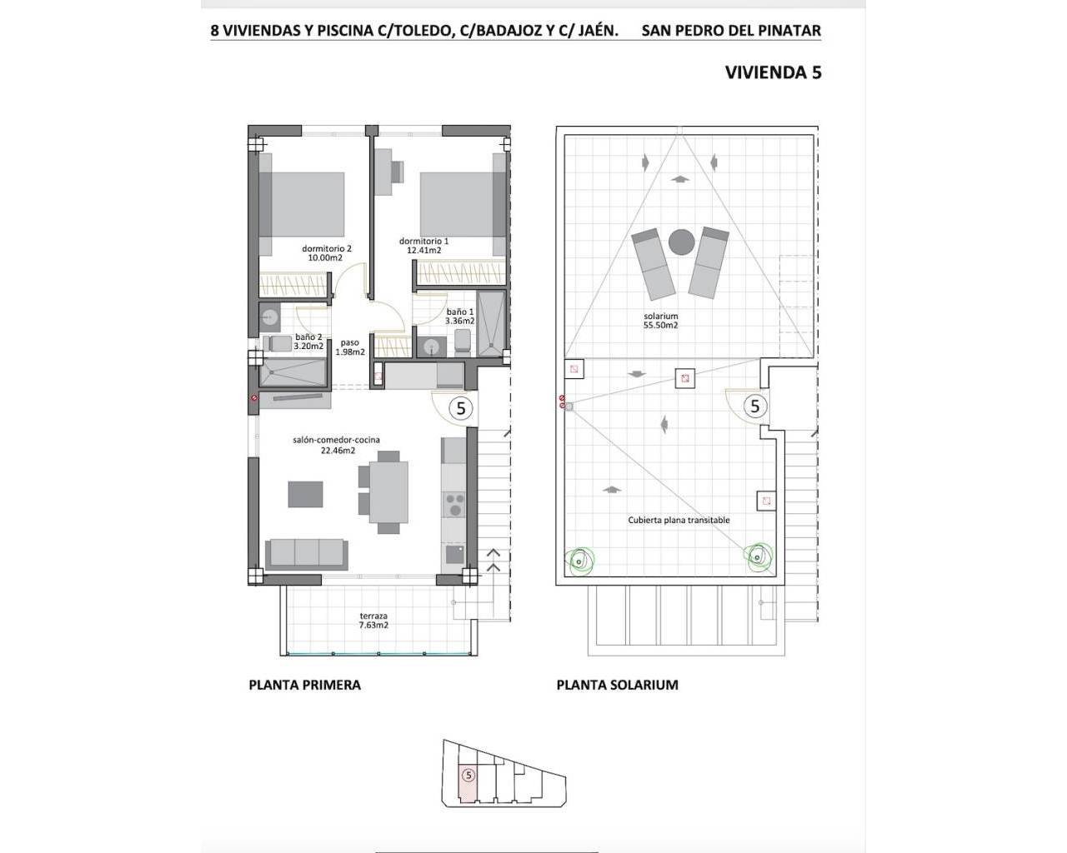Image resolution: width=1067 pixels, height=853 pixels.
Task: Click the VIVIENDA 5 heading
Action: (773, 72)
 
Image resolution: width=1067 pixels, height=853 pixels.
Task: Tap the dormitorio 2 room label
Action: (326, 248)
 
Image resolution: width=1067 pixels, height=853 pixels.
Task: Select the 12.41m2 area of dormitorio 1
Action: (424, 251)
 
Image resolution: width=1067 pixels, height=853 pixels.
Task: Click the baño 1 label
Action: (459, 312)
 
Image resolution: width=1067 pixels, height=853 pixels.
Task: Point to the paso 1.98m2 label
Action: (350, 347)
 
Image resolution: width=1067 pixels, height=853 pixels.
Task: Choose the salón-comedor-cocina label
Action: (336, 440)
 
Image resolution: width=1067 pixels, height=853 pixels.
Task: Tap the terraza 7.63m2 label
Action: (373, 621)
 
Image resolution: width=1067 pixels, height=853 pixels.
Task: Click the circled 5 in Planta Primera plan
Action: (461, 408)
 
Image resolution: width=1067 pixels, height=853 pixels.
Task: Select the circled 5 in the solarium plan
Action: (754, 407)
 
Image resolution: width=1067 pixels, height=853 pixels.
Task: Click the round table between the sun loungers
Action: (681, 242)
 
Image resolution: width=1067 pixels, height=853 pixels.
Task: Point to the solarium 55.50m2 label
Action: (661, 321)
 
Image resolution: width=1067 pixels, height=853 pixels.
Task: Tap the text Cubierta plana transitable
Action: (679, 520)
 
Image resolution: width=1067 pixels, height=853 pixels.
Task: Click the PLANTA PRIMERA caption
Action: (304, 685)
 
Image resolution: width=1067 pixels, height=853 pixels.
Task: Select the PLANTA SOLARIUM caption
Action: (618, 685)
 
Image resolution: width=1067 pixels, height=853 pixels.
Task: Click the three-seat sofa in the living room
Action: (307, 554)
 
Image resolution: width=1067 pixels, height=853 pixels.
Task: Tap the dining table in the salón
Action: (388, 492)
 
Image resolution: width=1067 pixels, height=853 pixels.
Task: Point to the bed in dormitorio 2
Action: (302, 204)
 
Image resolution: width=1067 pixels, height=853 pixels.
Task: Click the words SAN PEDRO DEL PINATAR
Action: (731, 31)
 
